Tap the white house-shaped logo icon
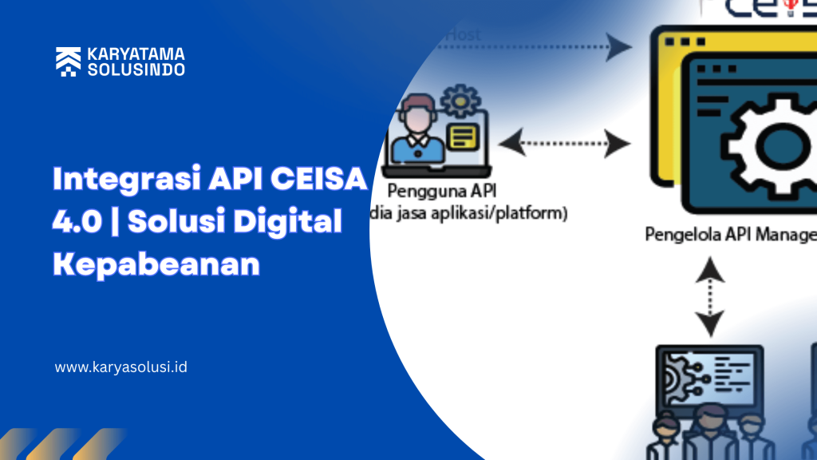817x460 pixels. [67, 61]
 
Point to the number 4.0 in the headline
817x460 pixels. [77, 222]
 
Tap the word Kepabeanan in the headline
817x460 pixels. [156, 264]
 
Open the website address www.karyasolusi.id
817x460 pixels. [121, 368]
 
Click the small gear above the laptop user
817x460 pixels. [461, 101]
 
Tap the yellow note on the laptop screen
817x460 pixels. [461, 137]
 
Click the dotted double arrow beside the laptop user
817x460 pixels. [563, 144]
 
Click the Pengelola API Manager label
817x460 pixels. [730, 235]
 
